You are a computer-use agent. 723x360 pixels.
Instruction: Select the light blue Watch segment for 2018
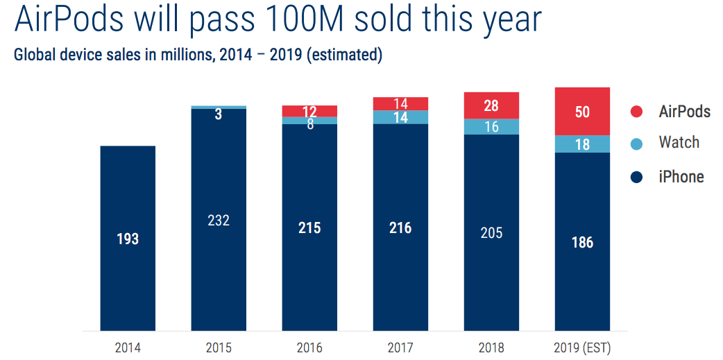pyautogui.click(x=491, y=126)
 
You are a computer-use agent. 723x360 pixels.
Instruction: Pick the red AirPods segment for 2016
pyautogui.click(x=309, y=111)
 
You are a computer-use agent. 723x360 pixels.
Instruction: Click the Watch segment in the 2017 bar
pyautogui.click(x=400, y=117)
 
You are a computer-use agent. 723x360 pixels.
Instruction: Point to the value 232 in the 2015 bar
pyautogui.click(x=219, y=221)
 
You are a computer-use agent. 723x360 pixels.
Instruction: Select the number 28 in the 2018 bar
pyautogui.click(x=491, y=105)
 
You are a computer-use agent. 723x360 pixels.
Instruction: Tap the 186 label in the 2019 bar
pyautogui.click(x=582, y=243)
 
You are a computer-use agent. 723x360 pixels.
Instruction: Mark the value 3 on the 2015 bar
pyautogui.click(x=219, y=115)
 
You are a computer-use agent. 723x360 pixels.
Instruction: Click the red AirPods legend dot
pyautogui.click(x=636, y=112)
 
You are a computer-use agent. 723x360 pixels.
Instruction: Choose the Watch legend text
pyautogui.click(x=679, y=143)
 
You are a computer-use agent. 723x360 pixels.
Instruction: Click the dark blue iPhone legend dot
pyautogui.click(x=636, y=178)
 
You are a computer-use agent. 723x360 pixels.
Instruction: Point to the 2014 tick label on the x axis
pyautogui.click(x=128, y=348)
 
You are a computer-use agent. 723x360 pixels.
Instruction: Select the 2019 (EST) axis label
pyautogui.click(x=582, y=348)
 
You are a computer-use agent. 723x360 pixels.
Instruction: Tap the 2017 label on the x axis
pyautogui.click(x=400, y=348)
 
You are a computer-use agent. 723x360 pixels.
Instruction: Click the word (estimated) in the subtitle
pyautogui.click(x=346, y=55)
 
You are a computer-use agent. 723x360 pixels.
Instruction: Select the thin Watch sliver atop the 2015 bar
pyautogui.click(x=219, y=107)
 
